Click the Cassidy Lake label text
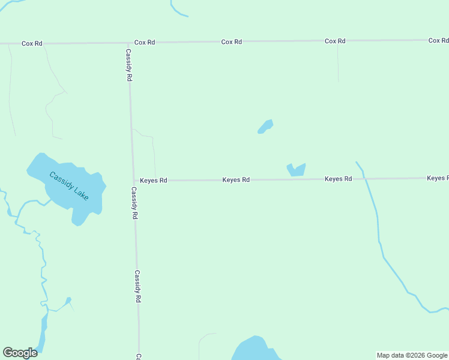[68, 186]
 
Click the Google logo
[20, 353]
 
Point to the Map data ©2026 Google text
[412, 355]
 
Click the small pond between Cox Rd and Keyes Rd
[265, 126]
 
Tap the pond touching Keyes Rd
[296, 170]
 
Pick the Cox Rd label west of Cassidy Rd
[32, 43]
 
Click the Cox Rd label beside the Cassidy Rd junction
[145, 43]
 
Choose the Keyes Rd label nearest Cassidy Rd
[153, 180]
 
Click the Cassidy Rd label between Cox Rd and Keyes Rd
[129, 65]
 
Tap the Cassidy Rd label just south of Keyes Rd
[134, 203]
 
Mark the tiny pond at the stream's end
[68, 299]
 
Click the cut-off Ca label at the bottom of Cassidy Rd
[139, 356]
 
